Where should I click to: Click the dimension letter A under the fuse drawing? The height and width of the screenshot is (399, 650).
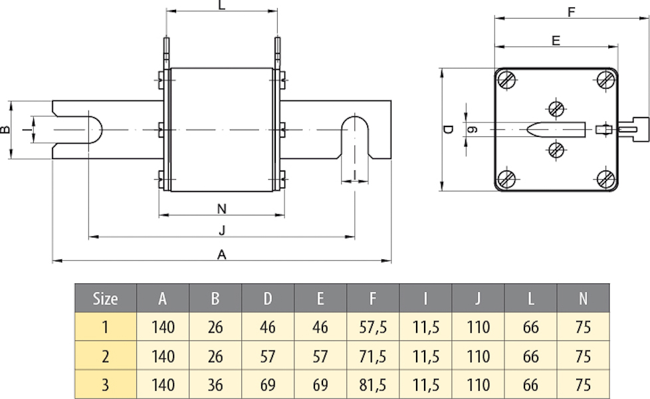(222, 254)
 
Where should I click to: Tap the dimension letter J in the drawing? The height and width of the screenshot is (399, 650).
(222, 231)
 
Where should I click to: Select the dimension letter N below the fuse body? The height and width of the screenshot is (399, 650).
(222, 209)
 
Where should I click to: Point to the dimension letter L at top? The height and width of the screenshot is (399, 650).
(222, 5)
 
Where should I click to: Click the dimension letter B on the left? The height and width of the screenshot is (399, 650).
(5, 129)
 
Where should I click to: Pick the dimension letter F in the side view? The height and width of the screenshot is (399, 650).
(572, 12)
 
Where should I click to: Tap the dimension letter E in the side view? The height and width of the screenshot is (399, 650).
(556, 41)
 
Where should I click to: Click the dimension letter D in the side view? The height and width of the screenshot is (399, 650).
(449, 129)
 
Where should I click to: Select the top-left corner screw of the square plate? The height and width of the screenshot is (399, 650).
(508, 81)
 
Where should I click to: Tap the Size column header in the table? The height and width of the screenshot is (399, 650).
(105, 299)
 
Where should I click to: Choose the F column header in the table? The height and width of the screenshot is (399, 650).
(373, 299)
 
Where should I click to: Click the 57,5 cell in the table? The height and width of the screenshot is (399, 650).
(373, 327)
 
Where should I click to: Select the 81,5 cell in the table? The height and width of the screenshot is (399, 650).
(373, 384)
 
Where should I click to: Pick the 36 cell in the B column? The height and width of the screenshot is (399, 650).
(215, 384)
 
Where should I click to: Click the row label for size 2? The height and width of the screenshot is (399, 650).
(105, 356)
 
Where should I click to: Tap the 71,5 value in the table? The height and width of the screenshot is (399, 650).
(373, 356)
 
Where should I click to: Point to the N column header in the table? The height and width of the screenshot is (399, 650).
(583, 299)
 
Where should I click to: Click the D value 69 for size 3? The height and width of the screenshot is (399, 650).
(268, 384)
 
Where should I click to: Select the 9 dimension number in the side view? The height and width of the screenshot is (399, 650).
(472, 129)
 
